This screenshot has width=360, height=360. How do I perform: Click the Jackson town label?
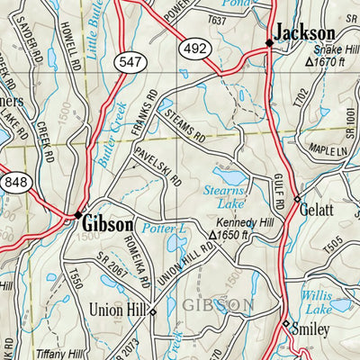(305, 33)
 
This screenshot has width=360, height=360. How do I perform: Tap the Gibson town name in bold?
(109, 222)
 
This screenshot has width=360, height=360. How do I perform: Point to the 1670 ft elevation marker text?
(332, 63)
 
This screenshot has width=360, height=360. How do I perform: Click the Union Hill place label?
(118, 310)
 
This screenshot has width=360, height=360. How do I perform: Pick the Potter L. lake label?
(165, 230)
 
